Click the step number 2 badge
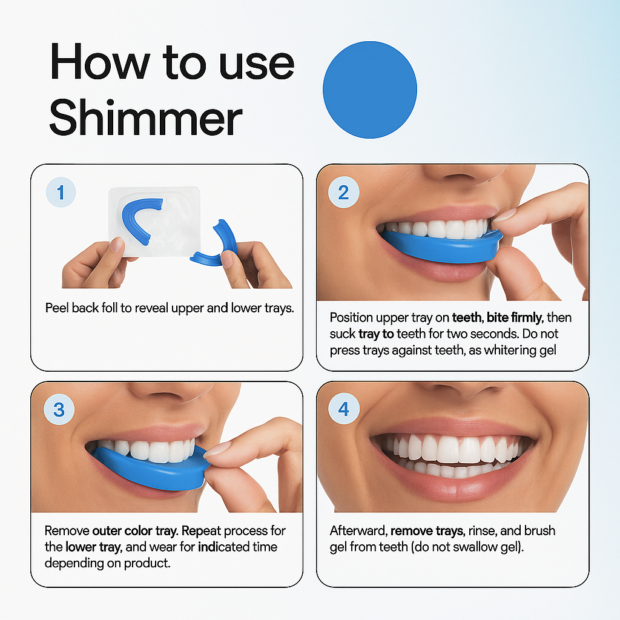[x=343, y=193]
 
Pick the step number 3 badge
[x=59, y=409]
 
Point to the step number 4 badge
[x=343, y=409]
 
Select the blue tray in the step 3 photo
[x=151, y=469]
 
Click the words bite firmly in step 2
[x=515, y=318]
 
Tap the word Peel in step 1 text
[x=57, y=308]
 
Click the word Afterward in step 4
[x=358, y=531]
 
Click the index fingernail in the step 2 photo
[x=504, y=215]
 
